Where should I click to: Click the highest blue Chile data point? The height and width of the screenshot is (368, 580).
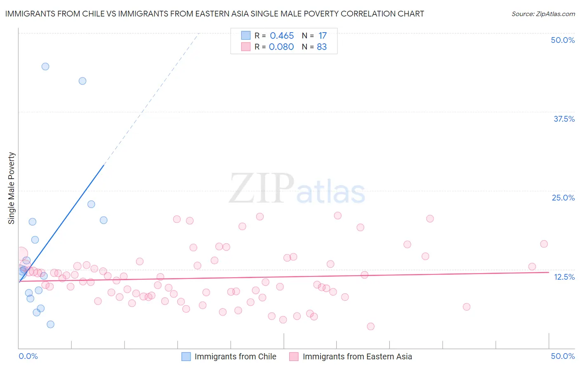(45, 66)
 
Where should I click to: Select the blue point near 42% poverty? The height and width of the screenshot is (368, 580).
(83, 81)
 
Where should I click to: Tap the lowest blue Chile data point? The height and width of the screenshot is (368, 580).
(50, 324)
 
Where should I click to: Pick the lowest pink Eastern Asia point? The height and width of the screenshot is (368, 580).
(370, 326)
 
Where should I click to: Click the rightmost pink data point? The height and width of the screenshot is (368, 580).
(544, 244)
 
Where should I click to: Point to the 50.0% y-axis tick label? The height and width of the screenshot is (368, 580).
(563, 40)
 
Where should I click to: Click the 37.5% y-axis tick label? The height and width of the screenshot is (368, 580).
(564, 119)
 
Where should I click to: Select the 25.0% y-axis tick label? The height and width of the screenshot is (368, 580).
(563, 198)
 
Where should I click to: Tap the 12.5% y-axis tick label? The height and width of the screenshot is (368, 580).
(564, 277)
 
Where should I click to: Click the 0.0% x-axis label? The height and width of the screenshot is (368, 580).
(28, 356)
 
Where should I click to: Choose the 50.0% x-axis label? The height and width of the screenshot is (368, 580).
(563, 356)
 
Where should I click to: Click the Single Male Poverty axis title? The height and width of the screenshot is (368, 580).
(12, 188)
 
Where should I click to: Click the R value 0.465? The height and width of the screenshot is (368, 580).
(282, 36)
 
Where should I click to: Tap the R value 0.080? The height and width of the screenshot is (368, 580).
(281, 47)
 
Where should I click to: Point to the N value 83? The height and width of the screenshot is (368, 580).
(322, 47)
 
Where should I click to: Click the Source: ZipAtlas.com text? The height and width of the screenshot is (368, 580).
(543, 14)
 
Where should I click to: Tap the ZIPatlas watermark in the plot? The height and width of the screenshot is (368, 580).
(297, 189)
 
